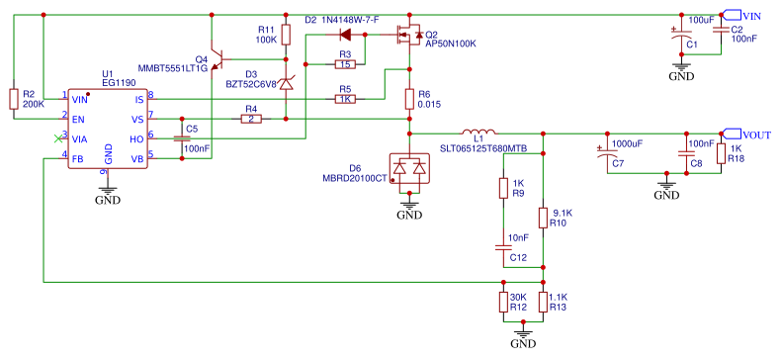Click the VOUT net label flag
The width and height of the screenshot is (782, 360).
[x=743, y=134]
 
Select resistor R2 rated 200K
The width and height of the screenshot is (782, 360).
[x=13, y=99]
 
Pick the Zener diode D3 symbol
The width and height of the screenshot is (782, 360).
[x=286, y=85]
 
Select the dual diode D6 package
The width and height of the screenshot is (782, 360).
[x=408, y=171]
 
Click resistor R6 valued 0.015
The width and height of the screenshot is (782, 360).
[x=409, y=99]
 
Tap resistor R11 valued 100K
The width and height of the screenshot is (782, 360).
[x=286, y=35]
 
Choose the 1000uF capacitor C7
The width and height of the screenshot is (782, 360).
[x=606, y=153]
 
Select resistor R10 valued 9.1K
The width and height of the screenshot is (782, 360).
[x=542, y=217]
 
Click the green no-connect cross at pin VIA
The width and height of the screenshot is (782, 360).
[x=57, y=139]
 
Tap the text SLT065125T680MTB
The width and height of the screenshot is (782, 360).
[x=482, y=148]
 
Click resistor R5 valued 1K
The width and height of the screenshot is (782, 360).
[x=344, y=99]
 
